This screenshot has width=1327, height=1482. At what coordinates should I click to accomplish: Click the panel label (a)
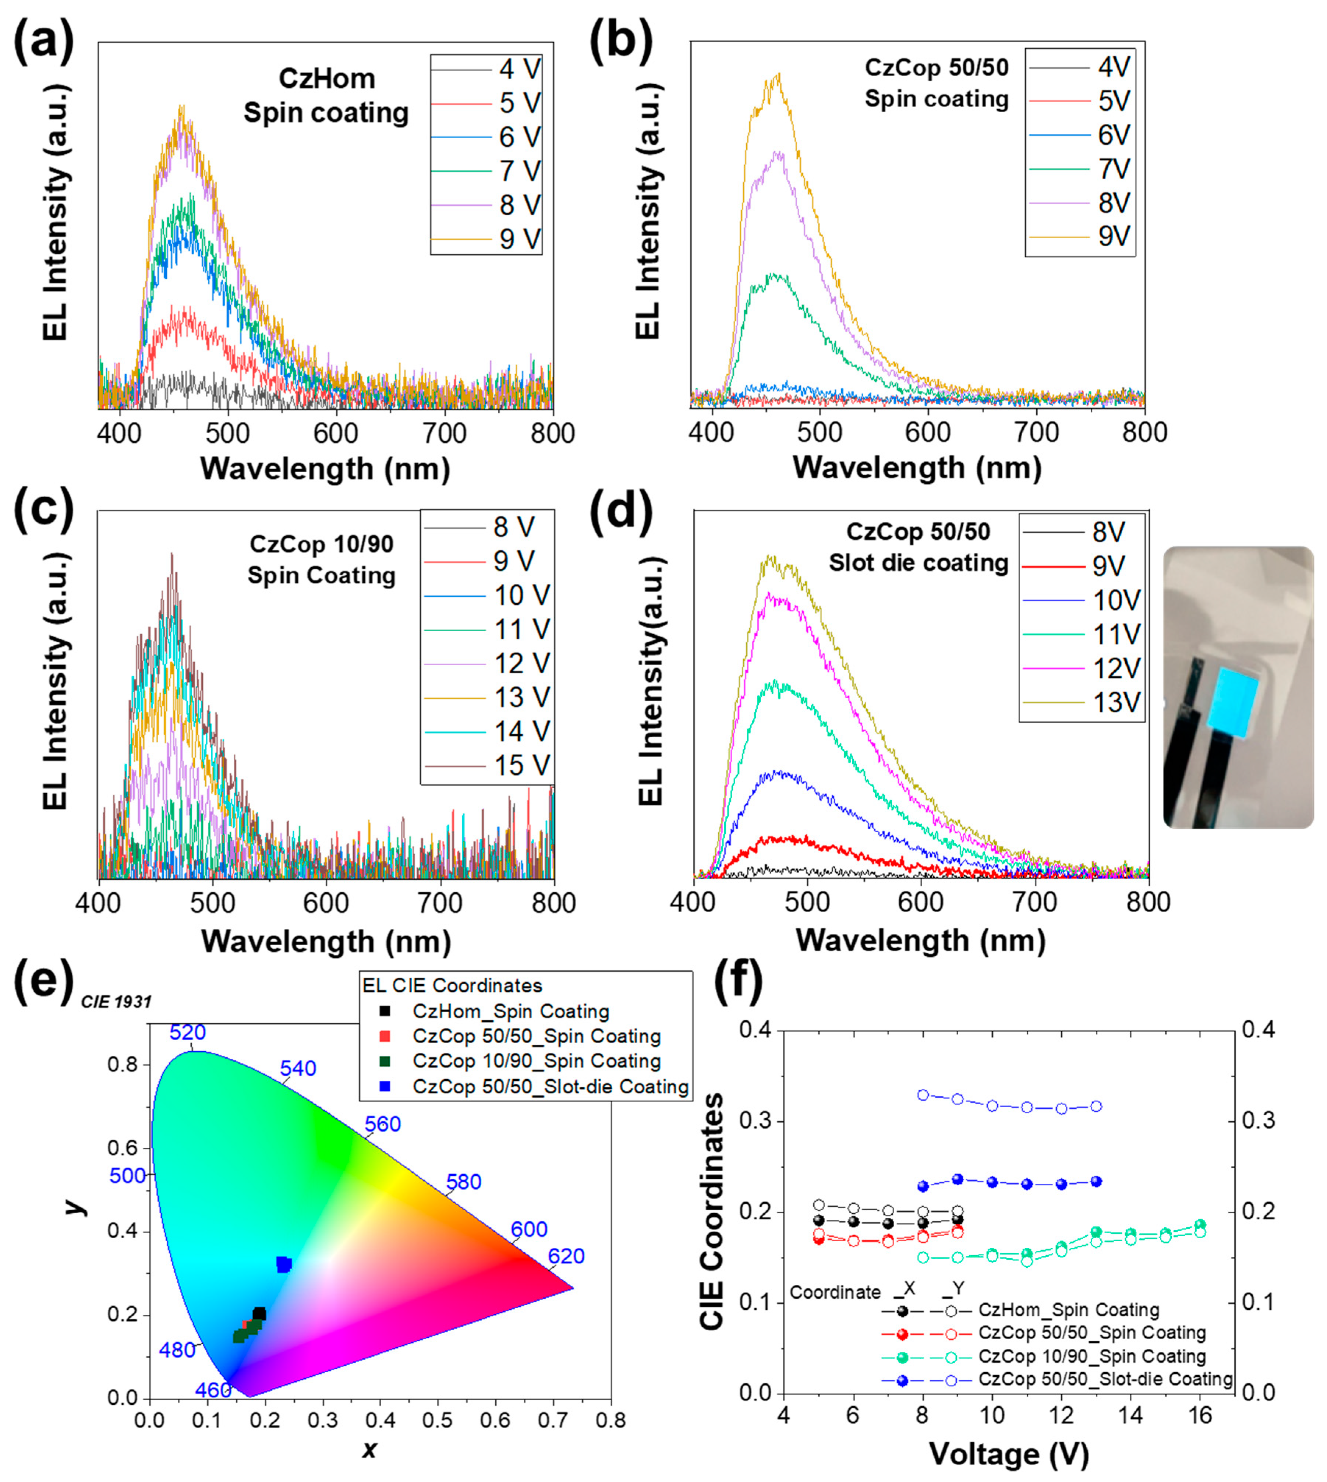pyautogui.click(x=44, y=42)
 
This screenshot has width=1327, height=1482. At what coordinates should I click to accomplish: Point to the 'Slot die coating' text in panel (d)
pyautogui.click(x=918, y=563)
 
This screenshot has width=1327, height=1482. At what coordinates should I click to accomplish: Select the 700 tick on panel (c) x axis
pyautogui.click(x=440, y=903)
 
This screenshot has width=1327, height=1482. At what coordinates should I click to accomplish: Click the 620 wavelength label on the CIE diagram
pyautogui.click(x=566, y=1256)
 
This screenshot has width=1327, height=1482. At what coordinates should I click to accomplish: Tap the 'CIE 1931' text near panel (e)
pyautogui.click(x=116, y=1002)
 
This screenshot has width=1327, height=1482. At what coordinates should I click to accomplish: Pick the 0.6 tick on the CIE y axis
pyautogui.click(x=123, y=1148)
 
